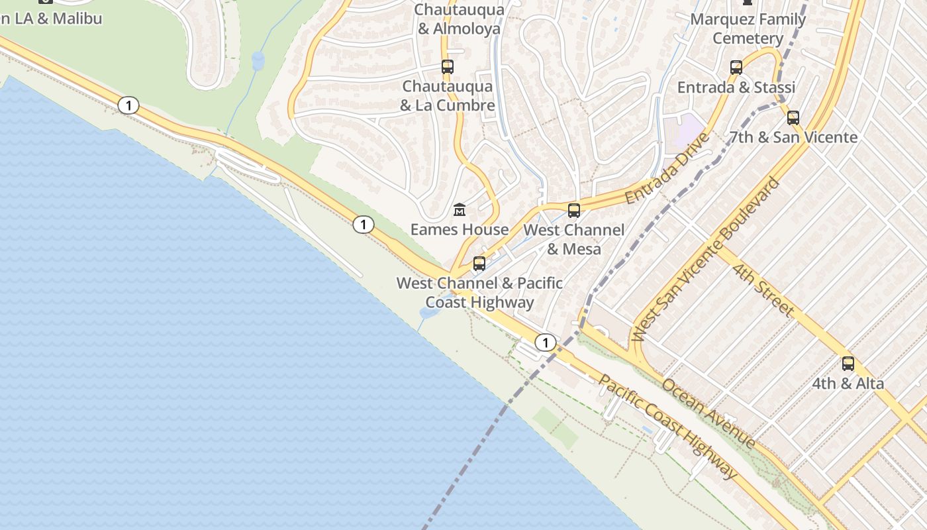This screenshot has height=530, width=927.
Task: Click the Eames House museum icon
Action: tap(460, 210)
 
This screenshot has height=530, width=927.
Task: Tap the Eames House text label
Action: tap(460, 230)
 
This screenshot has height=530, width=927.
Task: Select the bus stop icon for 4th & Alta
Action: tap(848, 363)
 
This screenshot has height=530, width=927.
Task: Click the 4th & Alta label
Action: tap(848, 384)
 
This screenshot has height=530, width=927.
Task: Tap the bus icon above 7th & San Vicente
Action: tap(793, 118)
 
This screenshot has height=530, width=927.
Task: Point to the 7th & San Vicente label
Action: tap(793, 138)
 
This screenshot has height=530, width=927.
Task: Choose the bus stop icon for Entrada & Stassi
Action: tap(736, 67)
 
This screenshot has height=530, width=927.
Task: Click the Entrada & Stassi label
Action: tap(736, 87)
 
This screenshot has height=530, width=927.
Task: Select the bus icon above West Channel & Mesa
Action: tap(574, 211)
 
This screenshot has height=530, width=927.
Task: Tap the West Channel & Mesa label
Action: tap(574, 239)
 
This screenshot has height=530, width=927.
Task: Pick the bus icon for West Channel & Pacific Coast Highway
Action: tap(479, 264)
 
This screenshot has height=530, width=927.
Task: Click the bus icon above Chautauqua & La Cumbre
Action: tap(448, 66)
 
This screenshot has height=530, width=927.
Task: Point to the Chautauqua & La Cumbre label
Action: tap(448, 96)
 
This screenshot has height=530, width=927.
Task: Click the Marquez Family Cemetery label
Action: tap(748, 28)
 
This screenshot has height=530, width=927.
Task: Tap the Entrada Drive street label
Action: tap(667, 168)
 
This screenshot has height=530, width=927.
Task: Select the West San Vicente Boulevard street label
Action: tap(707, 259)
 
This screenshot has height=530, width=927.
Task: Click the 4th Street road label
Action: tap(763, 289)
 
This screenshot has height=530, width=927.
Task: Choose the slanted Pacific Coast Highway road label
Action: tap(667, 427)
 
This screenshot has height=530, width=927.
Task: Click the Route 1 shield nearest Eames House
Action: tap(363, 225)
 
